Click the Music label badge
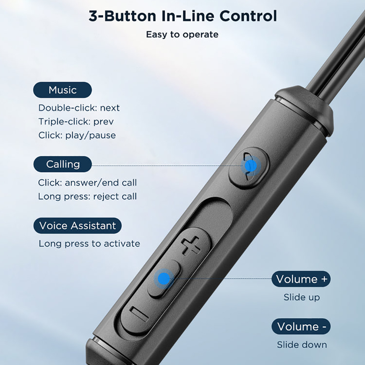pyautogui.click(x=63, y=90)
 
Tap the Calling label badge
pyautogui.click(x=63, y=164)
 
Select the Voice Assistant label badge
pyautogui.click(x=78, y=226)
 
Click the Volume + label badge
pyautogui.click(x=301, y=279)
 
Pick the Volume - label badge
pyautogui.click(x=301, y=326)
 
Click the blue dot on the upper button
pyautogui.click(x=251, y=166)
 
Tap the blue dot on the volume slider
pyautogui.click(x=164, y=279)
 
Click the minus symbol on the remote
pyautogui.click(x=139, y=314)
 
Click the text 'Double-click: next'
pyautogui.click(x=79, y=108)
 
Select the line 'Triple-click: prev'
pyautogui.click(x=76, y=122)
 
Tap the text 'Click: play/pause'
pyautogui.click(x=77, y=135)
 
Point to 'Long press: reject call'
pyautogui.click(x=87, y=196)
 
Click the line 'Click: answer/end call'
pyautogui.click(x=87, y=183)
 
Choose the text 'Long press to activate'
pyautogui.click(x=89, y=244)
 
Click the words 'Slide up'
pyautogui.click(x=302, y=297)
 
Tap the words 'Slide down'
pyautogui.click(x=302, y=345)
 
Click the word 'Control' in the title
pyautogui.click(x=248, y=16)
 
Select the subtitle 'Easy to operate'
pyautogui.click(x=182, y=35)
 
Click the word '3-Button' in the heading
pyautogui.click(x=123, y=16)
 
